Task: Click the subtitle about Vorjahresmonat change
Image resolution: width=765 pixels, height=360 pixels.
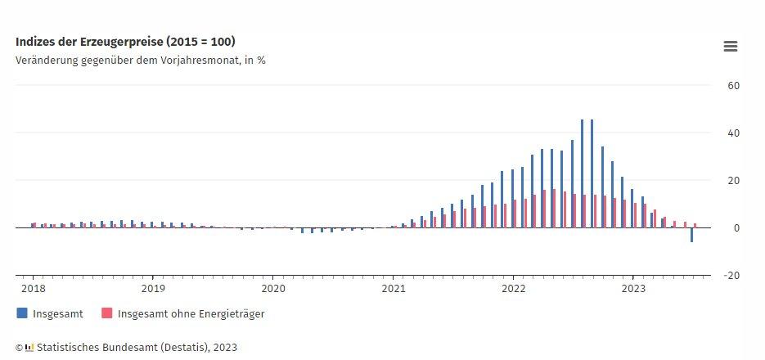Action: coord(140,60)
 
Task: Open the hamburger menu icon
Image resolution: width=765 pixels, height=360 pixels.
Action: coord(731,47)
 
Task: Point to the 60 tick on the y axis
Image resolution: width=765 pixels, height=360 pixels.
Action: coord(734,85)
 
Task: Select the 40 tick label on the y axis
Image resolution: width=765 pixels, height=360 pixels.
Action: coord(734,133)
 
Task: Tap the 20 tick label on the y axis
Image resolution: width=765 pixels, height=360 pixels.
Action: coord(734,180)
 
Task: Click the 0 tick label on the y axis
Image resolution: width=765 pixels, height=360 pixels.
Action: coord(736,227)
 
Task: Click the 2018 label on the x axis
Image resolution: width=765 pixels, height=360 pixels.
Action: coord(33,288)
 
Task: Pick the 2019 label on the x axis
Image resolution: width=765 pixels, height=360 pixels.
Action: coord(153,288)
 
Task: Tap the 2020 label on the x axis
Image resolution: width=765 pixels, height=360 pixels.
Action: coord(273,288)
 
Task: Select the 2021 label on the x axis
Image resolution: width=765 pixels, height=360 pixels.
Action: coord(394,288)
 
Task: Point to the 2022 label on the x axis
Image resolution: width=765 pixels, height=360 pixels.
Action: coord(514,288)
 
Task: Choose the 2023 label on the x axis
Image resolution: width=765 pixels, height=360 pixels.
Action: coord(634,288)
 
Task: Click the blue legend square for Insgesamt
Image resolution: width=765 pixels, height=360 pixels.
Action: coord(22,313)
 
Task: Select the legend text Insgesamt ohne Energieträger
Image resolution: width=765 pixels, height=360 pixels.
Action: coord(191,313)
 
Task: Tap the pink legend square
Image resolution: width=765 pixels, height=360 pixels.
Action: coord(106,313)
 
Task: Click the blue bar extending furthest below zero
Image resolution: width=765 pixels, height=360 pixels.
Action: coord(691,235)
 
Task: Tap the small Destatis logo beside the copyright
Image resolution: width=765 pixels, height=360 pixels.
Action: coord(29,347)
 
